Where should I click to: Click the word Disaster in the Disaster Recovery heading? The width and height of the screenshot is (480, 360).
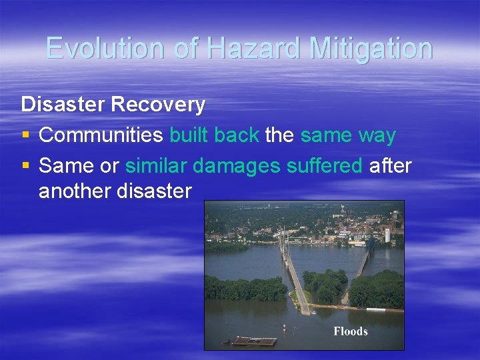(62, 105)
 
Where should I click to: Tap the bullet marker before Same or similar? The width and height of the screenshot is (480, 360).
(25, 165)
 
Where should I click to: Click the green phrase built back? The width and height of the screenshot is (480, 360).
(214, 135)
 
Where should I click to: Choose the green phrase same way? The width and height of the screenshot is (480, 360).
(348, 135)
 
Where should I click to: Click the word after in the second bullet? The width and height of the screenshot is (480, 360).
(390, 165)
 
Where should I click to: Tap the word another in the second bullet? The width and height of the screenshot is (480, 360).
(75, 192)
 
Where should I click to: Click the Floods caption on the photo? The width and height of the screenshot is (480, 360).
(351, 331)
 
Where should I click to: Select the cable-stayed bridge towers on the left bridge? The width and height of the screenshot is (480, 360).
(284, 241)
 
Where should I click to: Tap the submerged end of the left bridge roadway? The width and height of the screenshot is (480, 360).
(303, 308)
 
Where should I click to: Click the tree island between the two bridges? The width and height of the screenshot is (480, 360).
(325, 285)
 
